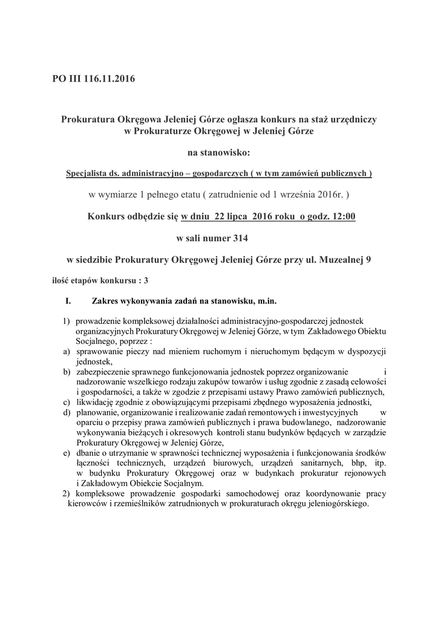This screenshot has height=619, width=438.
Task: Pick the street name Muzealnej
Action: pos(341,260)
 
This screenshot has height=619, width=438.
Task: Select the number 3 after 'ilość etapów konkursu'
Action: pos(146,280)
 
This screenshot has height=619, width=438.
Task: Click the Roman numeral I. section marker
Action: pos(68,300)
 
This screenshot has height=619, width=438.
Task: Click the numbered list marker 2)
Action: pos(67,494)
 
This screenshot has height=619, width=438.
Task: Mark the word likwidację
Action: pos(97,403)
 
